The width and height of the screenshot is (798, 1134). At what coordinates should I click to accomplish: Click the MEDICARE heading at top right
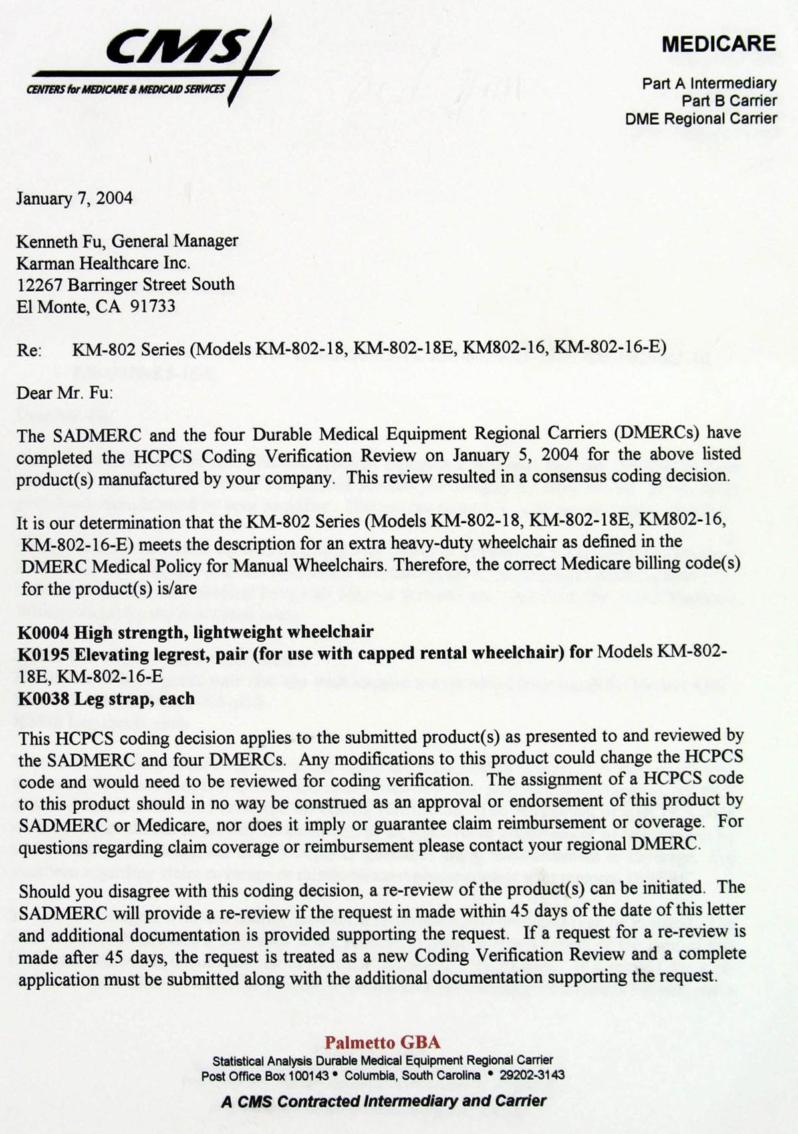[x=718, y=44]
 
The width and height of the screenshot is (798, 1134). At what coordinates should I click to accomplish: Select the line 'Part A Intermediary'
[x=709, y=83]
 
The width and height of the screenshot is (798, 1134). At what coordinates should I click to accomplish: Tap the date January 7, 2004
[x=74, y=198]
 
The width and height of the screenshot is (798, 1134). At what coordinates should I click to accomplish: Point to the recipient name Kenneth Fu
[x=59, y=241]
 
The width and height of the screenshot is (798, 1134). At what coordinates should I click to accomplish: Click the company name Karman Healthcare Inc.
[x=103, y=263]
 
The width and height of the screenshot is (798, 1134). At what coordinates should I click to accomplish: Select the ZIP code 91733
[x=153, y=306]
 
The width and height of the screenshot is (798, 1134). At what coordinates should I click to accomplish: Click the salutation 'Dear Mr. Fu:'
[x=65, y=392]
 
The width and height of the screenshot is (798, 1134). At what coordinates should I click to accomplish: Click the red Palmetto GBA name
[x=382, y=1042]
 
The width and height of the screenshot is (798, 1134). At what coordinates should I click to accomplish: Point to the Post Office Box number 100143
[x=309, y=1076]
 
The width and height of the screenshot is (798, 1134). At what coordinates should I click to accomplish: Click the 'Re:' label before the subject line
[x=29, y=350]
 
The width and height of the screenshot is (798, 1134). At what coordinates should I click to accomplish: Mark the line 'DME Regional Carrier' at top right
[x=701, y=119]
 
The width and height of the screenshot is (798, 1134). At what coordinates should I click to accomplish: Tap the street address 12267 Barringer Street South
[x=126, y=284]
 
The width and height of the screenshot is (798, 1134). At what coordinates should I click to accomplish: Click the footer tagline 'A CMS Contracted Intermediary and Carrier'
[x=384, y=1101]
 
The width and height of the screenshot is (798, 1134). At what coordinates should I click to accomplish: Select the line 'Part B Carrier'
[x=729, y=101]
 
